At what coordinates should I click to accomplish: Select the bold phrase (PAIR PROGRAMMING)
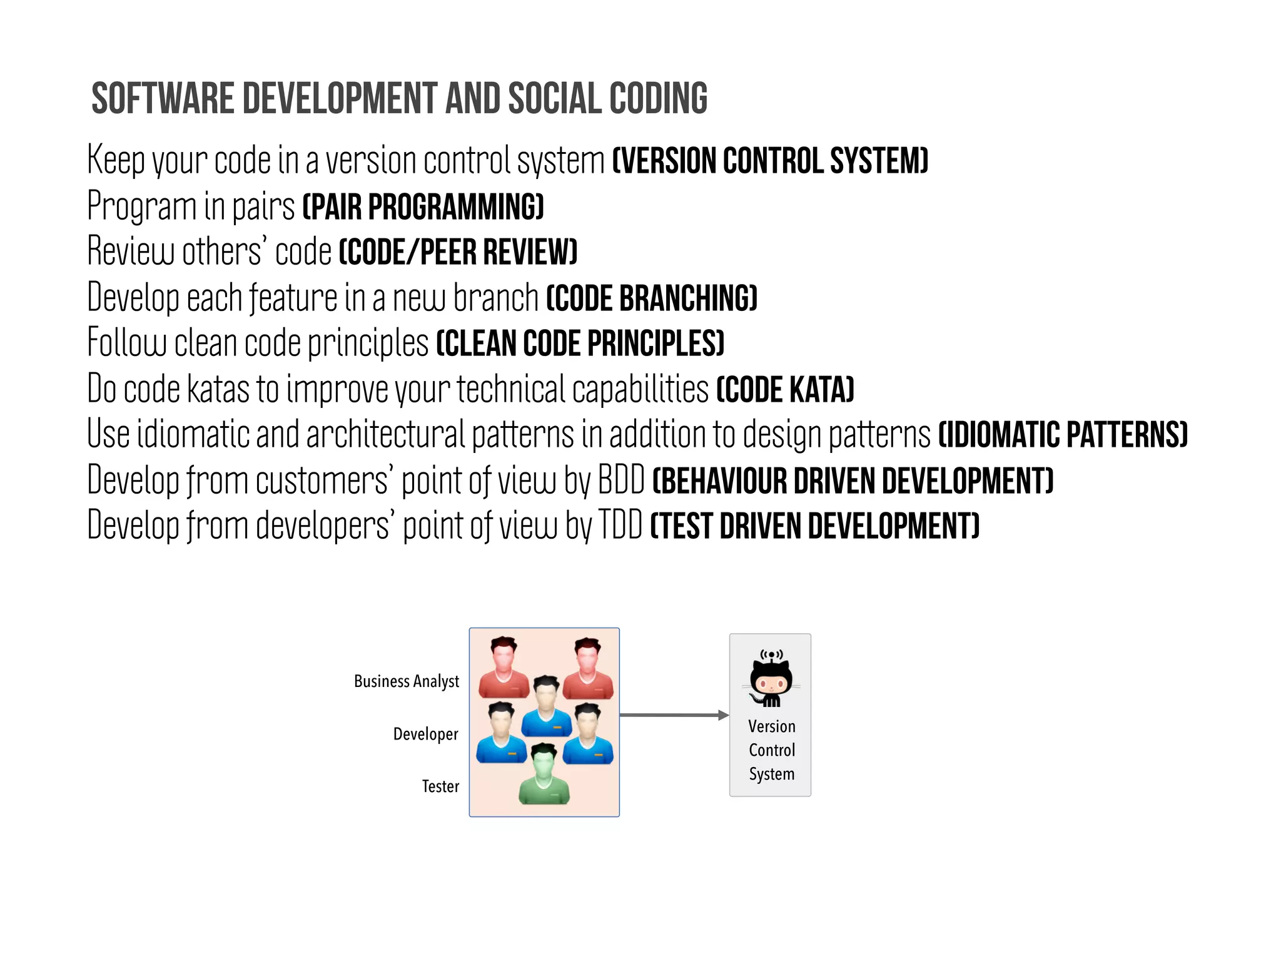(x=423, y=206)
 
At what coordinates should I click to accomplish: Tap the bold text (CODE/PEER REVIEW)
(x=458, y=252)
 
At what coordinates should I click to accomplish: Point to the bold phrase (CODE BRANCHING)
(x=652, y=298)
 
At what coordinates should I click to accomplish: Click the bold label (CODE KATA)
(x=785, y=389)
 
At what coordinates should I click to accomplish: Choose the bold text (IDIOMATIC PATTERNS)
(x=1063, y=435)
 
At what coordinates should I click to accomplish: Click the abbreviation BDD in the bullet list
(x=621, y=480)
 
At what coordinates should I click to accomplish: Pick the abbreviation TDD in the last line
(x=620, y=526)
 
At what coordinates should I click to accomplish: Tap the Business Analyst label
(x=407, y=681)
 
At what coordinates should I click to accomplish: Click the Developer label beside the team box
(x=425, y=734)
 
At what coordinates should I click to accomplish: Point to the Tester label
(x=440, y=786)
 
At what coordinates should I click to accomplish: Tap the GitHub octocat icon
(x=771, y=679)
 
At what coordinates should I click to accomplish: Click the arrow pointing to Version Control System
(x=674, y=715)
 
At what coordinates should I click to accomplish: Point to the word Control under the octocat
(x=772, y=750)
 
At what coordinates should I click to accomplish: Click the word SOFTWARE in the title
(x=163, y=99)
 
